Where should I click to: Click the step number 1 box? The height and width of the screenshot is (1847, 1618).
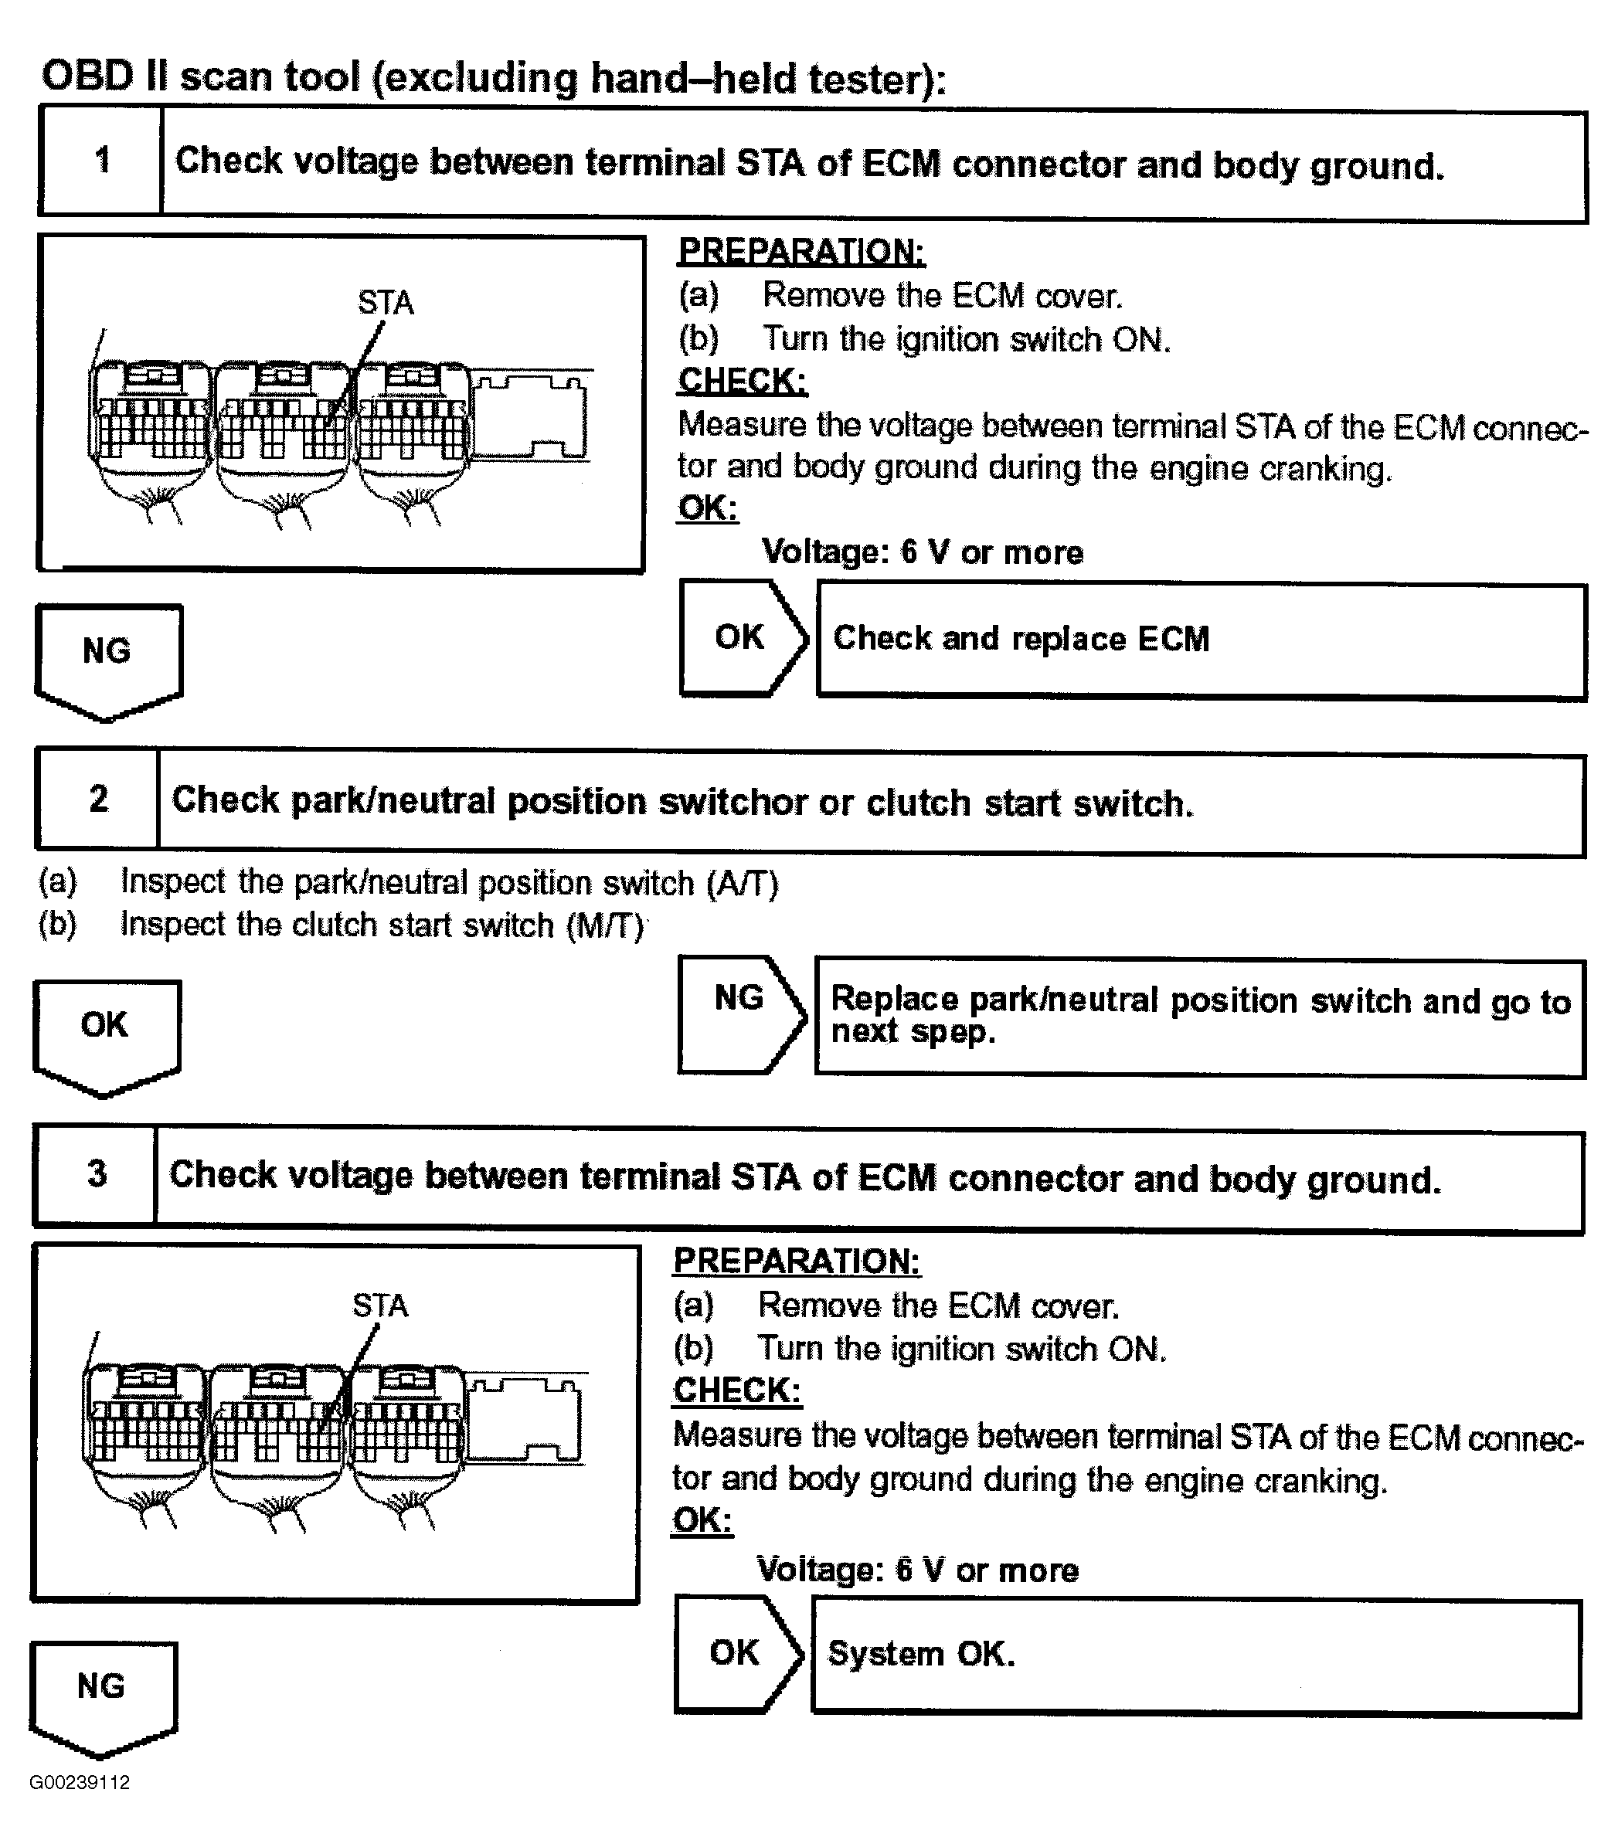coord(101,161)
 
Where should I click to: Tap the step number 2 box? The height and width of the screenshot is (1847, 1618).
coord(97,799)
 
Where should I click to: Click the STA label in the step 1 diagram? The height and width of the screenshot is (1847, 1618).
coord(386,302)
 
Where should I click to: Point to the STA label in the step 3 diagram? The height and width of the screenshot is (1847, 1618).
coord(380,1305)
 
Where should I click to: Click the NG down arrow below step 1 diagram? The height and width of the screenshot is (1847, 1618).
coord(107,657)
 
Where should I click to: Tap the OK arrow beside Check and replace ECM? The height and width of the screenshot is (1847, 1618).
coord(741,637)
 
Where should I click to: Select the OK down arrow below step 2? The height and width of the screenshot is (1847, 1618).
coord(106,1033)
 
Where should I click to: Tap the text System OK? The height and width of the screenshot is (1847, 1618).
coord(921,1654)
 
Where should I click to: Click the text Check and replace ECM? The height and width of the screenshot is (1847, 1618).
coord(1020,638)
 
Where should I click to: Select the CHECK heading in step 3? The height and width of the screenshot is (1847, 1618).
coord(737,1390)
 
